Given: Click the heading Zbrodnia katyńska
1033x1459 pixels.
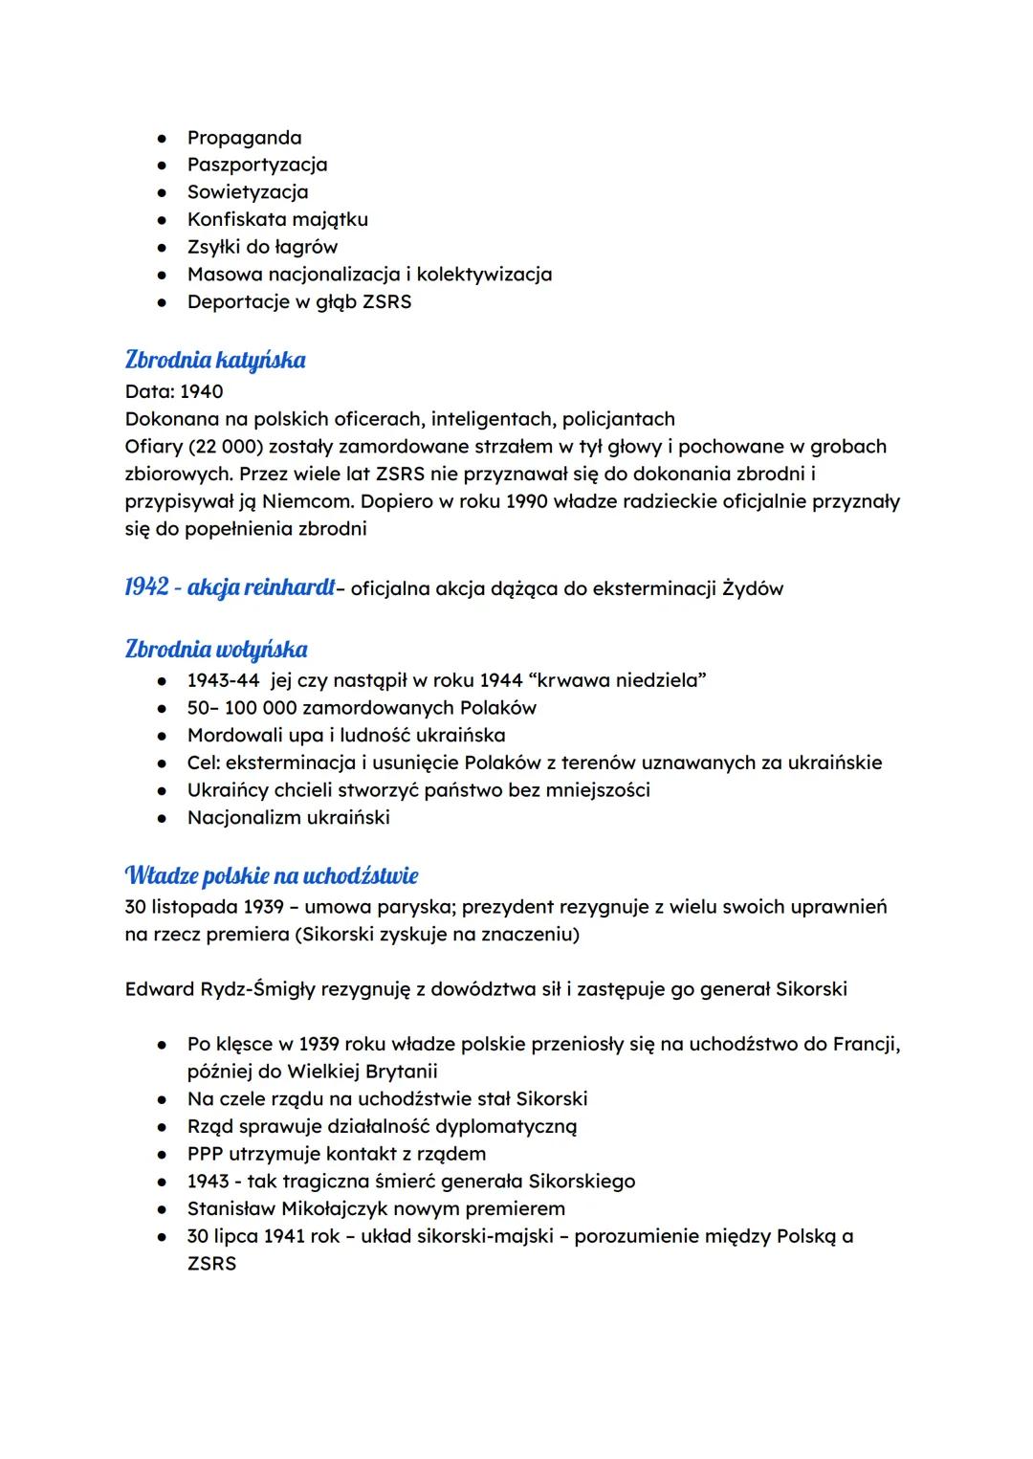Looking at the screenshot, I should click(215, 361).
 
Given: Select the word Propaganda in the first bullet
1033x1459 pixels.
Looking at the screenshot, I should click(244, 138).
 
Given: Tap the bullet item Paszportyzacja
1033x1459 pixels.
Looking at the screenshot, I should click(256, 165).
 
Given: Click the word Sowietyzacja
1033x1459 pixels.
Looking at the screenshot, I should click(247, 192).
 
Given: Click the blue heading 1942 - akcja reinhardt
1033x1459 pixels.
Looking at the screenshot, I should click(230, 587).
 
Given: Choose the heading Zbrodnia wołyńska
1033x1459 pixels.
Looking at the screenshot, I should click(216, 650).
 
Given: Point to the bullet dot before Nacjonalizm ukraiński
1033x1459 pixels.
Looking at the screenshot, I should click(165, 818).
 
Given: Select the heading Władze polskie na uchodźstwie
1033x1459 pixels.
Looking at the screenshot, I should click(271, 875).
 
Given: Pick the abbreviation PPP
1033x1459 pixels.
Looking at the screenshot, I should click(206, 1154).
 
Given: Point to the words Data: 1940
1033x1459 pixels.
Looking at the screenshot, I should click(174, 391).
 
